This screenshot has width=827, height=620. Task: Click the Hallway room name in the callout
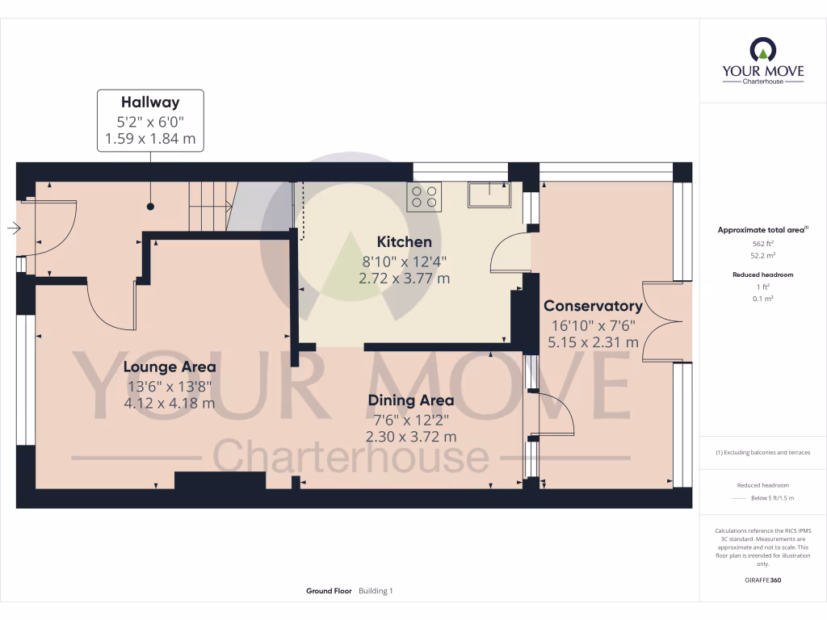tap(150, 103)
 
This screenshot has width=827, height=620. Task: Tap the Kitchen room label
tap(404, 241)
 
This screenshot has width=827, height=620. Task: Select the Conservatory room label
tap(593, 306)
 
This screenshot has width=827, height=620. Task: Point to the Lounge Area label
tap(169, 367)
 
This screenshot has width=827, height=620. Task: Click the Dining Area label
tap(410, 400)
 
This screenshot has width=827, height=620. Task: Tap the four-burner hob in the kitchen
tap(424, 196)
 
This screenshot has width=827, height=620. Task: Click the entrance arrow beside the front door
tap(14, 228)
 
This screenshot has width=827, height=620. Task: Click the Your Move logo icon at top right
tap(762, 50)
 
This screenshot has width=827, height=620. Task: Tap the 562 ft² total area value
tap(762, 243)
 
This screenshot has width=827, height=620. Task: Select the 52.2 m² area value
tap(762, 254)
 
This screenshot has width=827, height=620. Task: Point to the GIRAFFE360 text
tap(762, 580)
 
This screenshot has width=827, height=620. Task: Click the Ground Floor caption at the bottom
tap(329, 591)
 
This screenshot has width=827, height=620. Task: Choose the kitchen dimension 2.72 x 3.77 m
tap(404, 279)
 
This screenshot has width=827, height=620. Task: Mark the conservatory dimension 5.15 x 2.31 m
tap(593, 342)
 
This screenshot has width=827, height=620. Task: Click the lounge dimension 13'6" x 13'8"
tap(169, 386)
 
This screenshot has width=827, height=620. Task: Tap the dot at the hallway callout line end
tap(150, 207)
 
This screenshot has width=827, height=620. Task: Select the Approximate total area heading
tap(762, 230)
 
